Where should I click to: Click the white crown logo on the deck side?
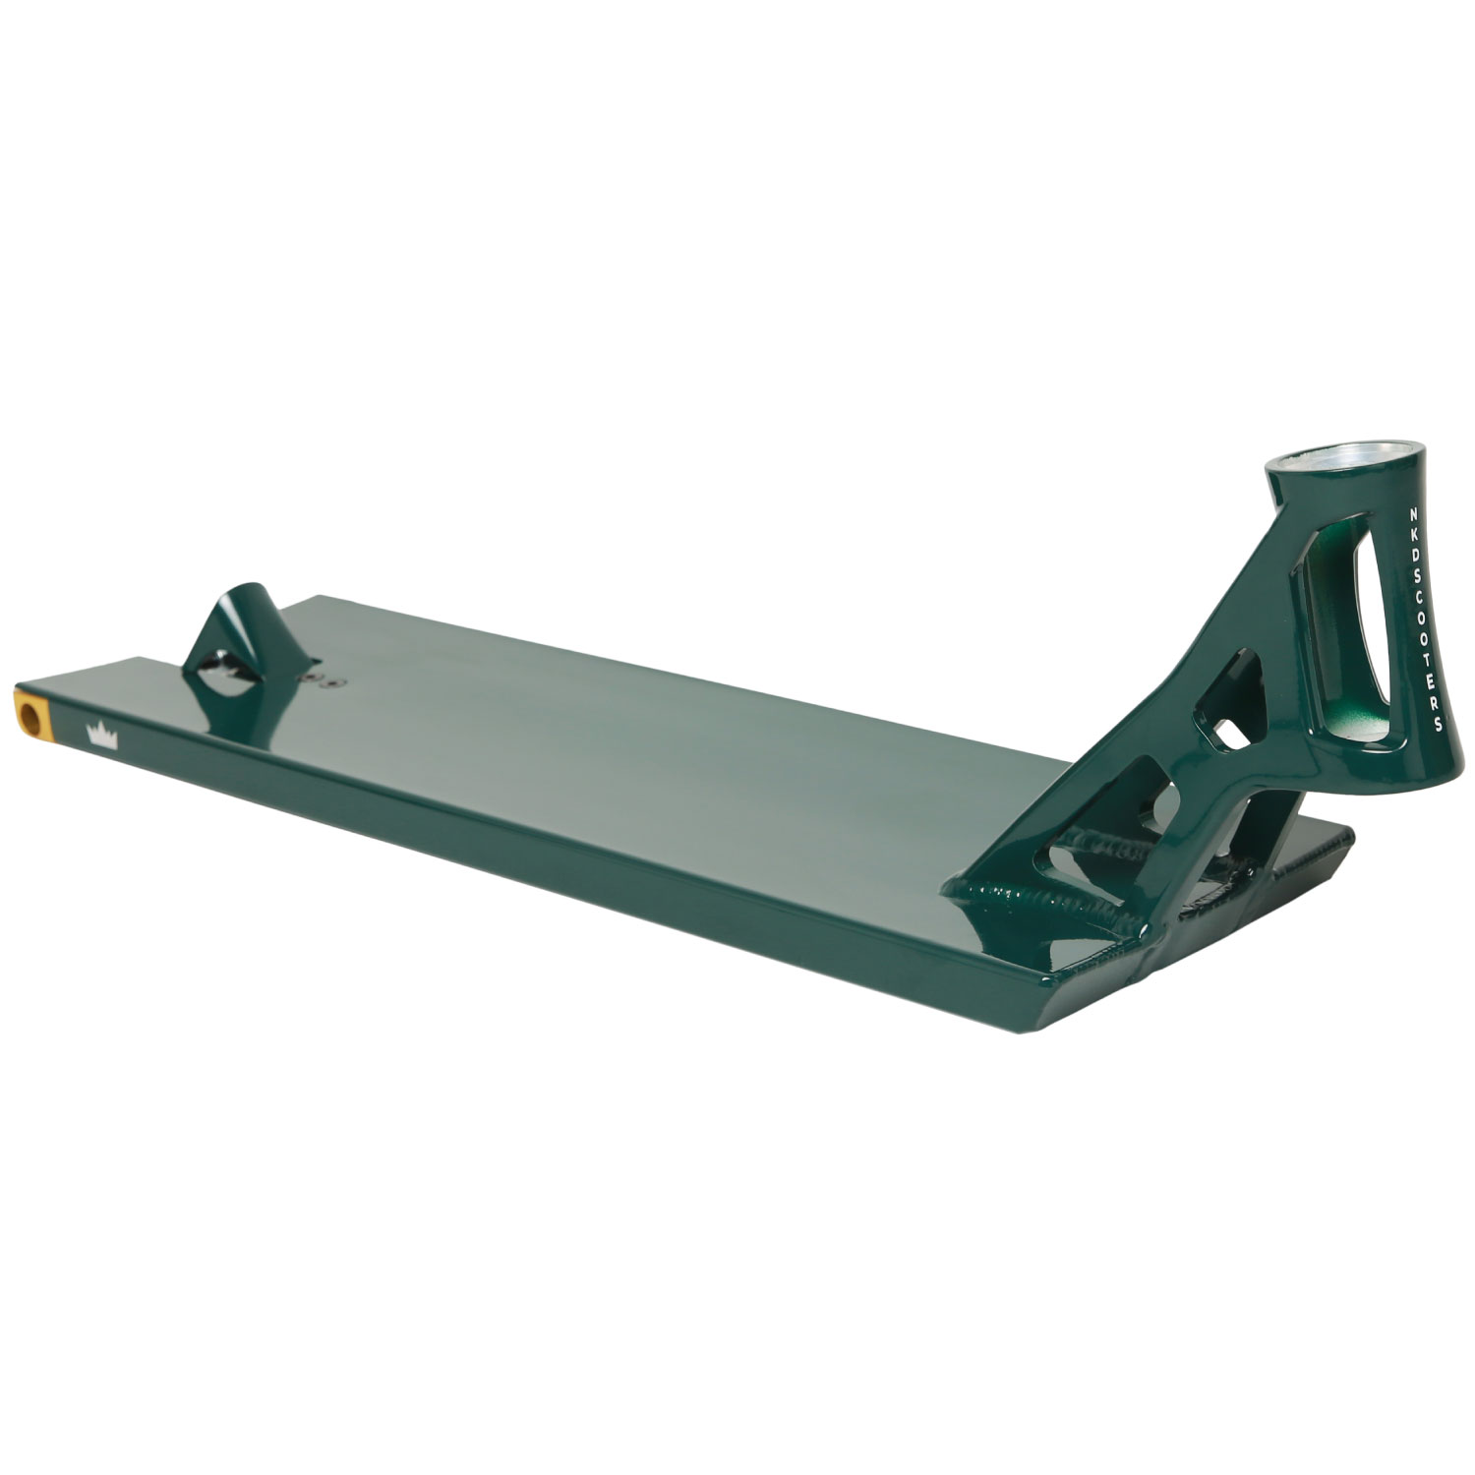(x=102, y=735)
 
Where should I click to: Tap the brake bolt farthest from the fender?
(x=332, y=680)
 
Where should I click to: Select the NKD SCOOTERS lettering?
(x=1421, y=619)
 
